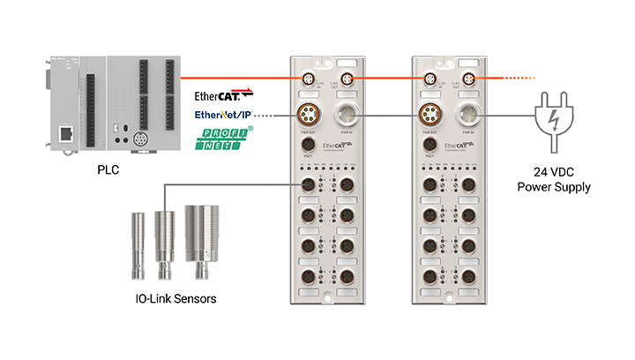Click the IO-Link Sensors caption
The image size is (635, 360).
tap(170, 298)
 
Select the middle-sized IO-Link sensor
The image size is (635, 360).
tap(163, 236)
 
